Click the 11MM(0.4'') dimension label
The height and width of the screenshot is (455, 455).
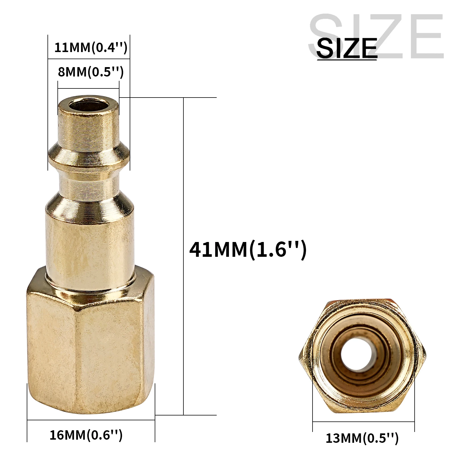90,47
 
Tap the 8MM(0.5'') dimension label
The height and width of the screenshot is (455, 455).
90,72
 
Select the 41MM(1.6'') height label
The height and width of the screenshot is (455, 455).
248,250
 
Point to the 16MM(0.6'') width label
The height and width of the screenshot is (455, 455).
86,435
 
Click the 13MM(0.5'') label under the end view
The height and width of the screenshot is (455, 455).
362,438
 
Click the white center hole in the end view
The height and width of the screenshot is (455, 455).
354,357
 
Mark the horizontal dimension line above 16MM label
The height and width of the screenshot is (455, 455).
91,420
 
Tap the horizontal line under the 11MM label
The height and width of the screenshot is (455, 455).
89,59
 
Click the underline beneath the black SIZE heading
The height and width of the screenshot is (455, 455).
347,59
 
